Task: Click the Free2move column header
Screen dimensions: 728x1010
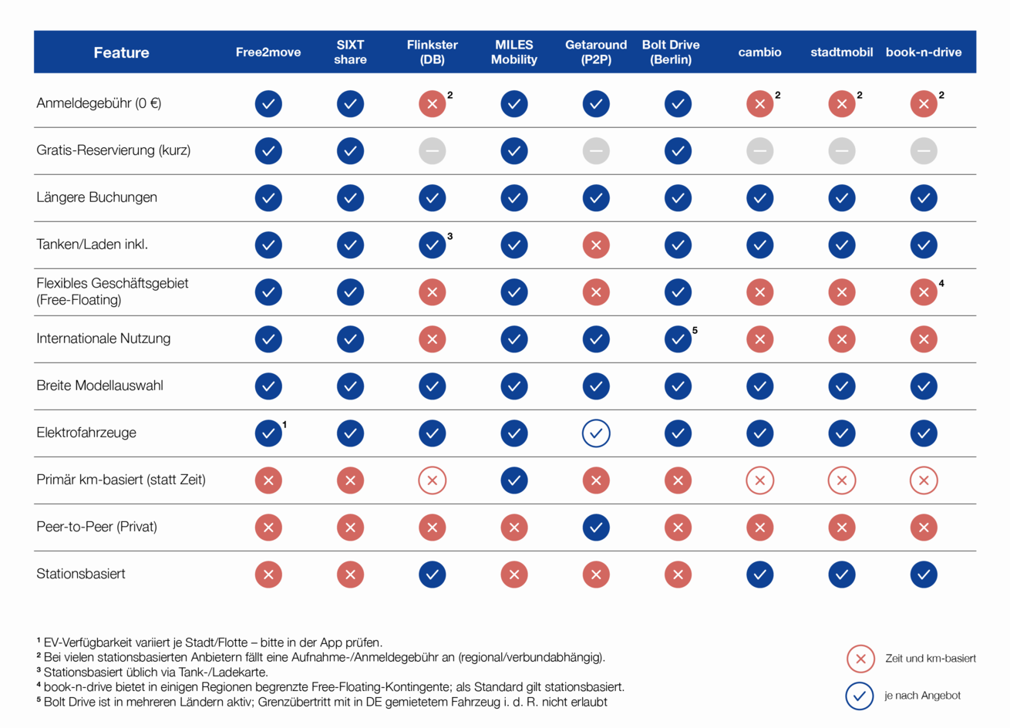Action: tap(268, 52)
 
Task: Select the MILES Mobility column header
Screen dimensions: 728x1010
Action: tap(514, 52)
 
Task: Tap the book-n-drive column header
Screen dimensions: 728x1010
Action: tap(924, 52)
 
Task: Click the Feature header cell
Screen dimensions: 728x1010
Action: tap(121, 52)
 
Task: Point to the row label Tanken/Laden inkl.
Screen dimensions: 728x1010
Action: tap(92, 244)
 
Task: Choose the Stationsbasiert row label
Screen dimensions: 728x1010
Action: tap(81, 574)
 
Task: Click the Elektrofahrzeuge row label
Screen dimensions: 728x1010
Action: tap(86, 433)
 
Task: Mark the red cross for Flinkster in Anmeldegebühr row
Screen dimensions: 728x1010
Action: tap(433, 104)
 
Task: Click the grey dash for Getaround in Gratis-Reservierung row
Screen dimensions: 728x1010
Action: tap(596, 151)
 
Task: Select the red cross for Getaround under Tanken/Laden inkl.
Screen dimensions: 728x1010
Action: tap(596, 245)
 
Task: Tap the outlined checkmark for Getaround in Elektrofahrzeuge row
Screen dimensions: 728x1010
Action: tap(596, 433)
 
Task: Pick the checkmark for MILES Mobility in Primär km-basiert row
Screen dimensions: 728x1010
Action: tap(514, 480)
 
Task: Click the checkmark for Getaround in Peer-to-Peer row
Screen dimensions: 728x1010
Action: tap(596, 527)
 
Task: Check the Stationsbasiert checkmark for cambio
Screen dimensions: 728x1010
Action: tap(760, 575)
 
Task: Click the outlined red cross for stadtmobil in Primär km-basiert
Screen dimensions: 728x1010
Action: tap(842, 480)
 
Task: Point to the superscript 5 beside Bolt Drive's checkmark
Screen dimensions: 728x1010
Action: tap(695, 331)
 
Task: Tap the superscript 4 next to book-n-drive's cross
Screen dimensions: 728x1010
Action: tap(941, 284)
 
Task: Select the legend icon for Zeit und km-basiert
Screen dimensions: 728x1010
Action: tap(860, 659)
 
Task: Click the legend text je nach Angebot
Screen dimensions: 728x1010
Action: tap(922, 696)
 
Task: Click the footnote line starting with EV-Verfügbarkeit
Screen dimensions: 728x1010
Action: tap(210, 642)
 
